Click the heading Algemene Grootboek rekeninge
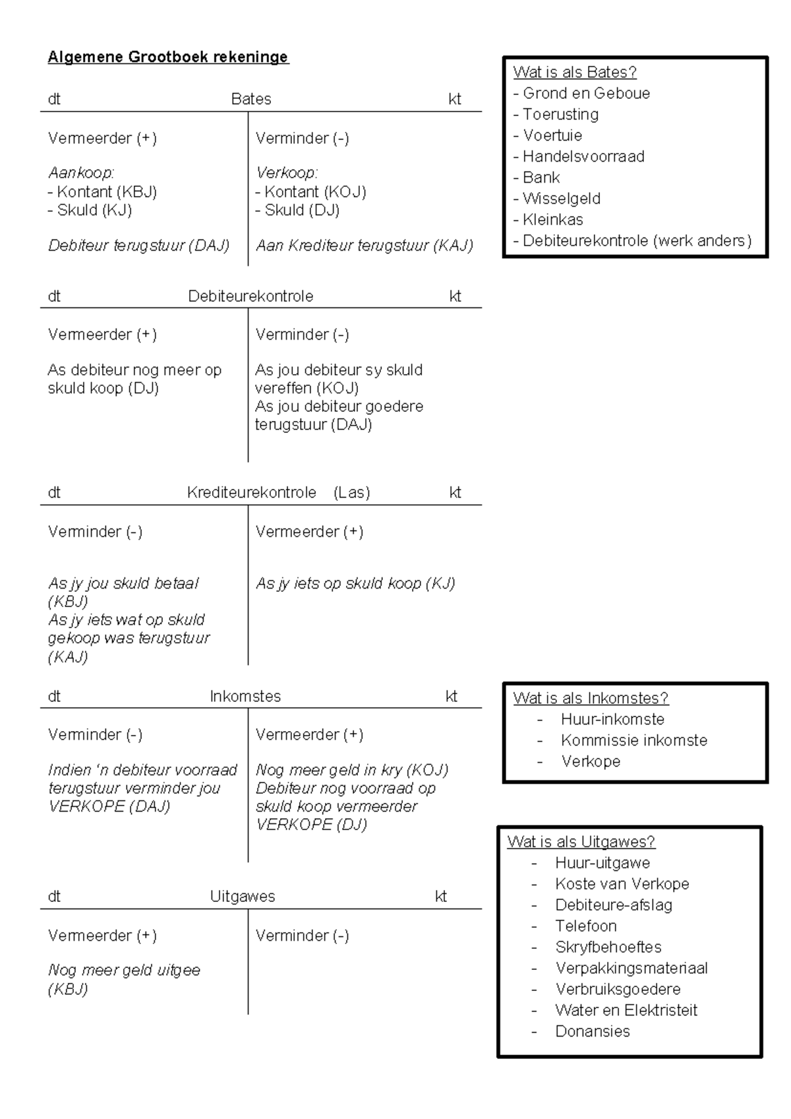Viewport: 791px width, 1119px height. [167, 57]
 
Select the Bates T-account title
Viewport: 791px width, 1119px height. [251, 99]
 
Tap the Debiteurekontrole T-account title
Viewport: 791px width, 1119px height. [250, 296]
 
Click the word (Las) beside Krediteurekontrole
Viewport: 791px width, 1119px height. [351, 493]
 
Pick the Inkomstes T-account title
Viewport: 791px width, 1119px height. [245, 696]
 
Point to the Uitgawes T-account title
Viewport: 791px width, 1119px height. [243, 896]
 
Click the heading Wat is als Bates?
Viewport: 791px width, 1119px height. [575, 72]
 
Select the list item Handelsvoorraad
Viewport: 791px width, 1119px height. [583, 156]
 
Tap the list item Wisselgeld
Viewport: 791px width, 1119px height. [561, 199]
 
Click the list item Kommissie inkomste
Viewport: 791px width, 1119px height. [633, 740]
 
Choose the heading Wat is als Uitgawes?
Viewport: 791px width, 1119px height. [581, 842]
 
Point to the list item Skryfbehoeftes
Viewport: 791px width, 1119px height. [608, 947]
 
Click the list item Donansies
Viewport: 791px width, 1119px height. [592, 1031]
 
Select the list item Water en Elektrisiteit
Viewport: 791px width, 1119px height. [626, 1010]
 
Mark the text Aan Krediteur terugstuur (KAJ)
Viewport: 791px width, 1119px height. [365, 245]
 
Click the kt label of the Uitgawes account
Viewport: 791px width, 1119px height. [440, 896]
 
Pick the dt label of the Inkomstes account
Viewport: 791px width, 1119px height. [54, 696]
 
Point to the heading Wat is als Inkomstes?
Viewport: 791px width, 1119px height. [591, 698]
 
